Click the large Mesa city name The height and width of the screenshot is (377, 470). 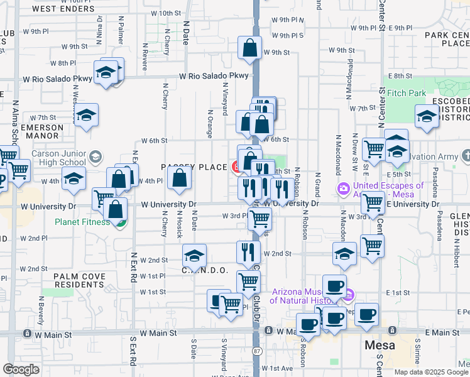(x=380, y=346)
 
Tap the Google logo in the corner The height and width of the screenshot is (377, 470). (x=21, y=369)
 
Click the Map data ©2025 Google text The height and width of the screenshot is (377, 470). (x=430, y=372)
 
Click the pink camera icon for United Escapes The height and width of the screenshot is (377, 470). (x=343, y=188)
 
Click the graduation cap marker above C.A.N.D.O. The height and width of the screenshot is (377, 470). (x=194, y=256)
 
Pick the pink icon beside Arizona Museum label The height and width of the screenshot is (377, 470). (x=350, y=294)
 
